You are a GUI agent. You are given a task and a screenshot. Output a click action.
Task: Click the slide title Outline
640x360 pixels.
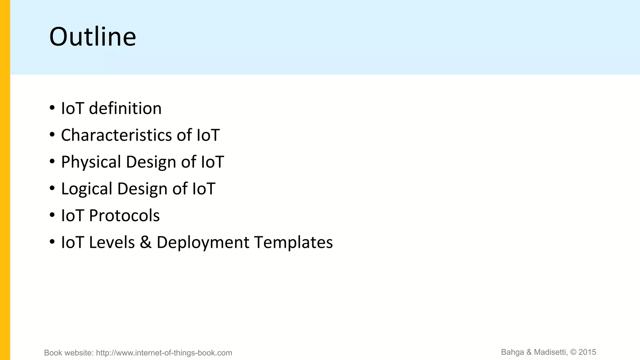(92, 37)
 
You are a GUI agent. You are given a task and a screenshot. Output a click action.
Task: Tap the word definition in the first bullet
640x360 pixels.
(125, 108)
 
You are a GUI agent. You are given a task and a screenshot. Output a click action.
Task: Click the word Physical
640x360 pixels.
(91, 162)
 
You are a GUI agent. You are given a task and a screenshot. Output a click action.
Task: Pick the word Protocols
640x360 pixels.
(124, 216)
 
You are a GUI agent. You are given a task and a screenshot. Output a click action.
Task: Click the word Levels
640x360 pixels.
(112, 242)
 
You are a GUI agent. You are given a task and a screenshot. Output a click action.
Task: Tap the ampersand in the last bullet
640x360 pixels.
(146, 242)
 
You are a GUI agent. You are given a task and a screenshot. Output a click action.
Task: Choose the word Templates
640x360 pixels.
(293, 242)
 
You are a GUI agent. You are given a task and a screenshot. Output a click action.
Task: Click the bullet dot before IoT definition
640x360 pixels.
(52, 108)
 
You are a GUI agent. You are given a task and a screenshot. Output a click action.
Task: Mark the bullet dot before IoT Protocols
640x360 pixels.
(52, 215)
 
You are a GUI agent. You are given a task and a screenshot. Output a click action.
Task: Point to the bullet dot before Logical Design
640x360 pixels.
(52, 188)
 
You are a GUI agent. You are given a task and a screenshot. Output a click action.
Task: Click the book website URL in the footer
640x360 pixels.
(164, 353)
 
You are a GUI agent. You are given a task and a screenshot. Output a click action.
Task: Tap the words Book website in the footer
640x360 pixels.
(68, 353)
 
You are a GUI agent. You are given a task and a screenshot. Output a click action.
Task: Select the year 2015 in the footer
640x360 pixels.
(587, 352)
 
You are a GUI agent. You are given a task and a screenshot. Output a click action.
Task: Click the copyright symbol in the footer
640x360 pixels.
(573, 352)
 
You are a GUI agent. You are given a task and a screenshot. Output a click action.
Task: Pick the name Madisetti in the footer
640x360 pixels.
(550, 352)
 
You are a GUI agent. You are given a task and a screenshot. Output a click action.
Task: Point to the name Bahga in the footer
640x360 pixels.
(512, 352)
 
